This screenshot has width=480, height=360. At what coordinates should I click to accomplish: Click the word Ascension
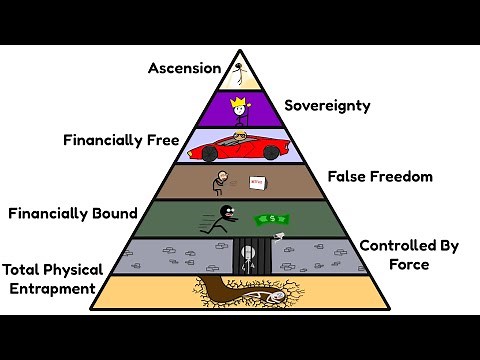[x=184, y=68]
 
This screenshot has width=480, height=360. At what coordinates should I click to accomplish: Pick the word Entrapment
[x=49, y=289]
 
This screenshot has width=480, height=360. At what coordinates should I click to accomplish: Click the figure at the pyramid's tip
[x=240, y=72]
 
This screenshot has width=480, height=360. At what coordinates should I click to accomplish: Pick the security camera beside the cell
[x=279, y=237]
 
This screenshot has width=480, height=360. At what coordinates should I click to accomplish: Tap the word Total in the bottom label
[x=21, y=270]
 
